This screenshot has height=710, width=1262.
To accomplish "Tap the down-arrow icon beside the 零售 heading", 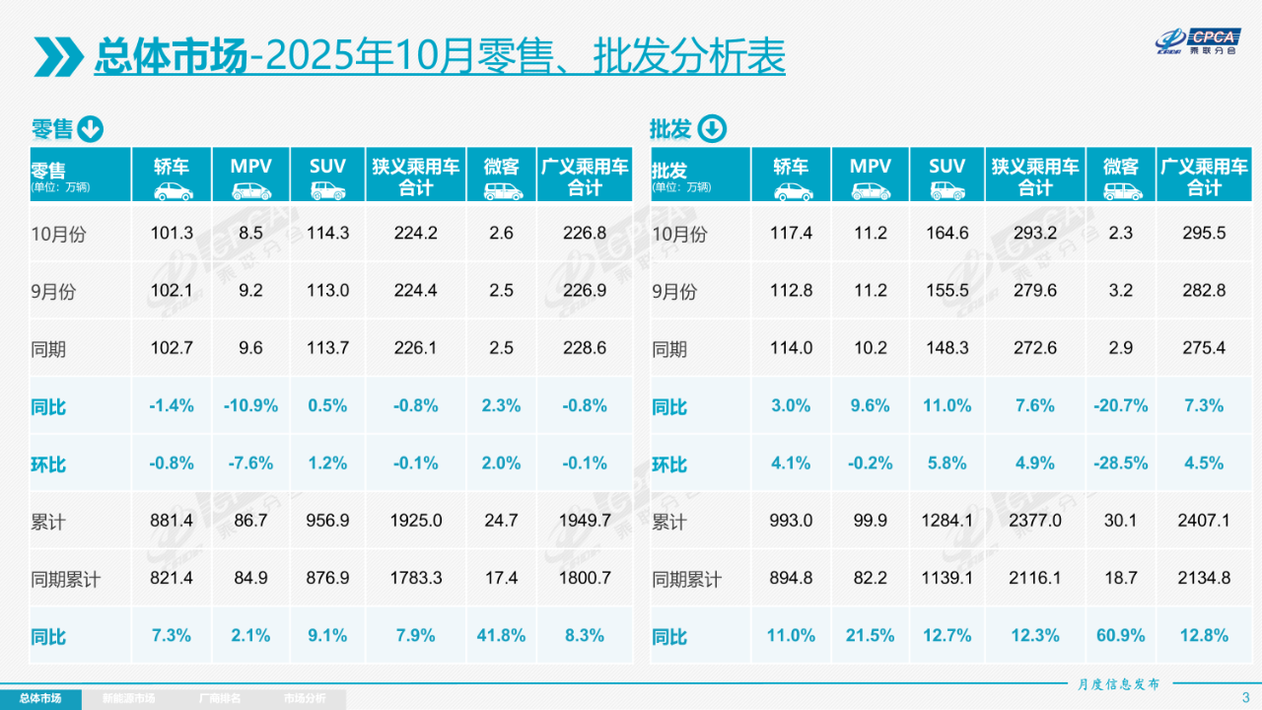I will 91,129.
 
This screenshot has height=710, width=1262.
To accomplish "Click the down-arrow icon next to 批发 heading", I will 712,129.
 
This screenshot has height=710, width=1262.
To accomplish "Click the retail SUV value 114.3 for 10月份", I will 327,234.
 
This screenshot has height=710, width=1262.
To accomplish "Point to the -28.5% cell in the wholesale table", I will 1120,463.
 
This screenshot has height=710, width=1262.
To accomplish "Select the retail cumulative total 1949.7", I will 585,521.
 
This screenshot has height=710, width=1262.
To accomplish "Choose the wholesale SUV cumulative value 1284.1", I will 946,521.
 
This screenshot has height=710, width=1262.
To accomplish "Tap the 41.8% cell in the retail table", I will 501,636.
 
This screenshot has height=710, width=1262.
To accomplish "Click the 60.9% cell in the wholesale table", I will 1120,636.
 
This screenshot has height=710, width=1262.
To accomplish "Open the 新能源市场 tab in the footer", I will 128,699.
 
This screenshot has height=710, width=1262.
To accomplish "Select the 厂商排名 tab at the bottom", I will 219,699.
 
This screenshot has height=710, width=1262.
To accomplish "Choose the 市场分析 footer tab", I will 304,699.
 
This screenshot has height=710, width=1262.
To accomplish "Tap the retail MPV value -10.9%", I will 252,405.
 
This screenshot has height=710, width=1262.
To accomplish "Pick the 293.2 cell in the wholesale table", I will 1034,234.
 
